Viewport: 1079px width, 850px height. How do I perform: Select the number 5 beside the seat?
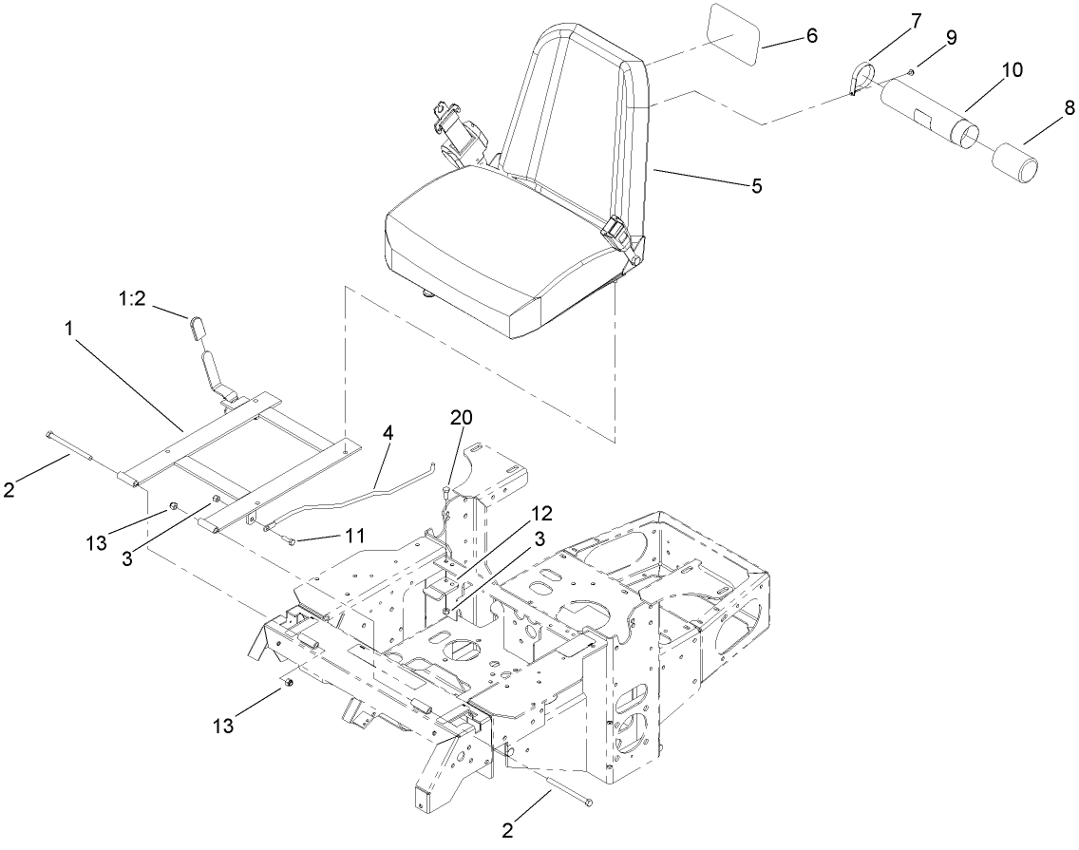coord(756,186)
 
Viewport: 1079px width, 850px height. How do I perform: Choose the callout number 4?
coord(389,433)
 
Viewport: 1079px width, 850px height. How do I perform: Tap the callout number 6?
coord(810,36)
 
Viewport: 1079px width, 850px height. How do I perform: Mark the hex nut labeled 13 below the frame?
coord(291,681)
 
